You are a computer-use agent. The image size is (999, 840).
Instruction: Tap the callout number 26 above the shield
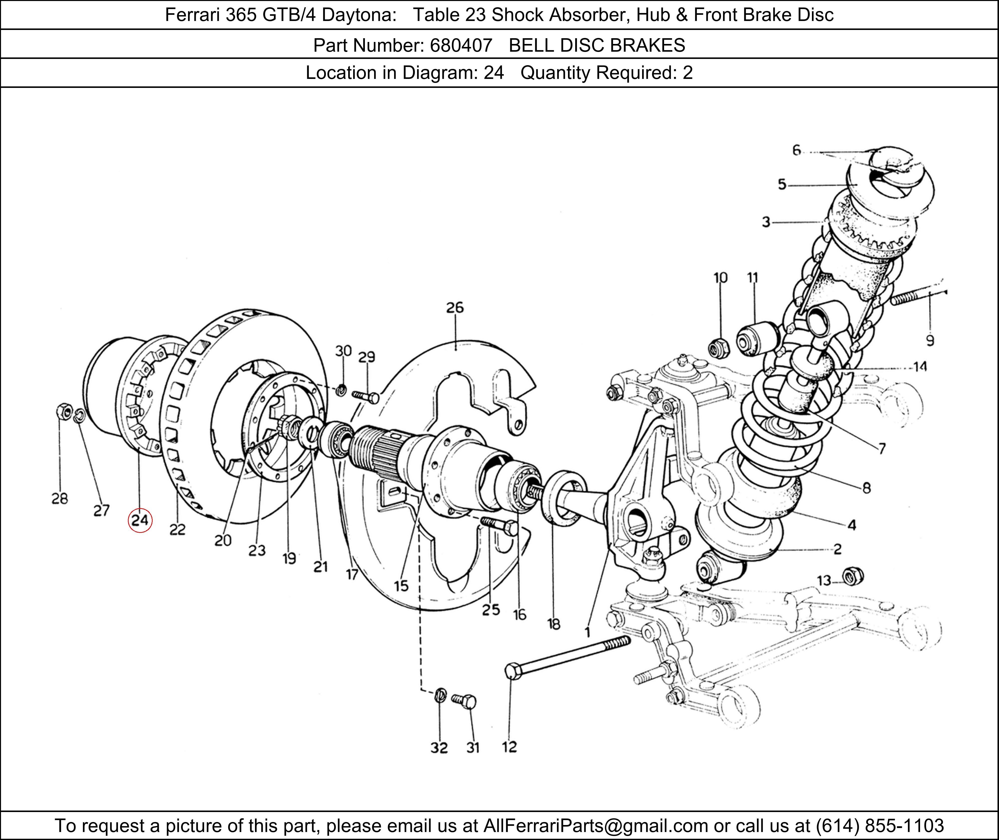455,308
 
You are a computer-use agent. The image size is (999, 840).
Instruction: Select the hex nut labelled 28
63,410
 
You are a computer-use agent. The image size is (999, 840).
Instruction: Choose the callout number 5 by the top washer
782,184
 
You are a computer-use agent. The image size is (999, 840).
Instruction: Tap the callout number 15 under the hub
401,586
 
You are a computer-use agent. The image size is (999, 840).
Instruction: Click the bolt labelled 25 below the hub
500,526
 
